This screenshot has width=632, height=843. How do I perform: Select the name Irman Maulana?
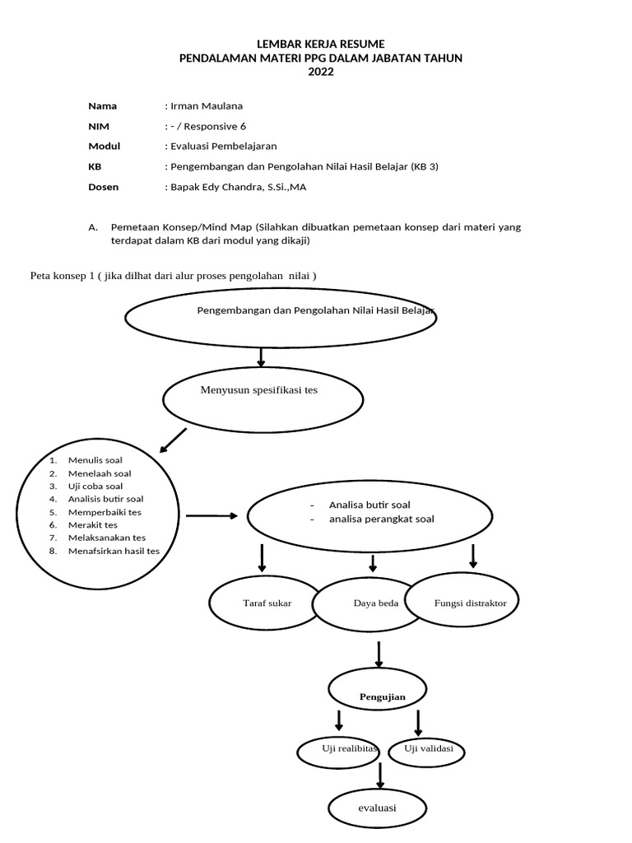207,105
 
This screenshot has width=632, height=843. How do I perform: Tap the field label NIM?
98,126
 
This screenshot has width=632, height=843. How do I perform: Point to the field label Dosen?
103,187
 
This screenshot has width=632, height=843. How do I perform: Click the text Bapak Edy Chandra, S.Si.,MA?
238,187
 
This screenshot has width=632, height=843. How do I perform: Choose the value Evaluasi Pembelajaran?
223,146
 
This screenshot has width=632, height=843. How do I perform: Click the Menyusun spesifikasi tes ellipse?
263,398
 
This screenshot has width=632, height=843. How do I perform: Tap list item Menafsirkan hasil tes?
114,551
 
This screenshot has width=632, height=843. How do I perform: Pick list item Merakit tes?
92,524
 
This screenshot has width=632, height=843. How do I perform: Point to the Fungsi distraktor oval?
470,603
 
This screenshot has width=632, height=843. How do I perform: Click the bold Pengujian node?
382,696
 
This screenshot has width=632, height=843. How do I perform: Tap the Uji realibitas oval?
349,749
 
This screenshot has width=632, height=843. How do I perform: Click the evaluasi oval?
377,808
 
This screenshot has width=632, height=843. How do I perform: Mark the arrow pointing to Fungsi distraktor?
472,556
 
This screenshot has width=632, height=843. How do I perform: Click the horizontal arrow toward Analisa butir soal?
212,516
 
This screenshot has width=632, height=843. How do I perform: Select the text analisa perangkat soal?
381,519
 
